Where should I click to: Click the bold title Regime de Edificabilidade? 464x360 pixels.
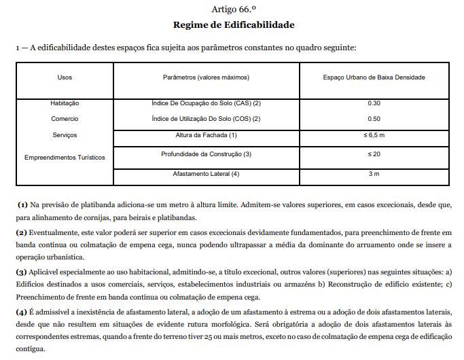click(233, 24)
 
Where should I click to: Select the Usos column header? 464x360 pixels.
click(65, 77)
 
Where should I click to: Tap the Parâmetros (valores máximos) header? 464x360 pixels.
click(206, 77)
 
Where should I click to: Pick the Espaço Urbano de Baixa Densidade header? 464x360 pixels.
click(374, 77)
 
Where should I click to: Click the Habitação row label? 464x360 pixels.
click(65, 103)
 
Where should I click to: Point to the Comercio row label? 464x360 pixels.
click(65, 118)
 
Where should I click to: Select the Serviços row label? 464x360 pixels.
click(65, 135)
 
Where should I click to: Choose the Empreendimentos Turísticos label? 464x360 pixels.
click(65, 157)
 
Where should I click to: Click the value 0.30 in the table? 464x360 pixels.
click(374, 103)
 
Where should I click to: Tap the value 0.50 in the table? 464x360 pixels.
click(374, 118)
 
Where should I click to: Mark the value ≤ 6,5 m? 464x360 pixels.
click(374, 135)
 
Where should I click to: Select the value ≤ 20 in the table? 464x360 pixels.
click(374, 154)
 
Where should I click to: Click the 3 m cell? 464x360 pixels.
click(374, 174)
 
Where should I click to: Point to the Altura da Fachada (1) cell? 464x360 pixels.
click(206, 135)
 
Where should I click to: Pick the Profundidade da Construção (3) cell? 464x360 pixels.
click(206, 154)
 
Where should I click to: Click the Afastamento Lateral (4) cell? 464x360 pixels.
click(206, 174)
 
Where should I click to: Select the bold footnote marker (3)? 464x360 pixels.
click(22, 272)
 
